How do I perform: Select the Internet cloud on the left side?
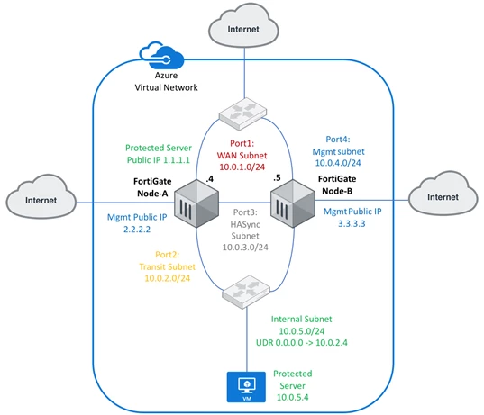tap(41, 196)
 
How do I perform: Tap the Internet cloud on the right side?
tap(443, 194)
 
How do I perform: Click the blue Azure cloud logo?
tap(161, 55)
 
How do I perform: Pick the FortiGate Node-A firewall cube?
tap(196, 203)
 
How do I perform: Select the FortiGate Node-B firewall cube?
tap(293, 203)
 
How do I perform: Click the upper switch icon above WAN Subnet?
tap(243, 113)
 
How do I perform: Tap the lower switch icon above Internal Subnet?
tap(246, 292)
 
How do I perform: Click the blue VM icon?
tap(246, 387)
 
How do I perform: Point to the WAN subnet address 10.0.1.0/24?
tap(242, 167)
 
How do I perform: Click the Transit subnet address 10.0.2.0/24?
tap(168, 278)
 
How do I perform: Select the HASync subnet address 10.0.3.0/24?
tap(245, 248)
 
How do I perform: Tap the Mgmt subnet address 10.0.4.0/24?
tap(338, 163)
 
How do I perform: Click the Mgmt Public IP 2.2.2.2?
tap(137, 230)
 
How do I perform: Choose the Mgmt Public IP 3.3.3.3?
tap(352, 223)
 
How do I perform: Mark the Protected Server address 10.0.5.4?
tap(292, 397)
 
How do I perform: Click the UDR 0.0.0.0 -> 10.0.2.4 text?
tap(302, 343)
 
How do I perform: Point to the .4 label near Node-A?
tap(210, 179)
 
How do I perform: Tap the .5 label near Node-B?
tap(277, 178)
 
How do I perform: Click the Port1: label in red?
tap(242, 143)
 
